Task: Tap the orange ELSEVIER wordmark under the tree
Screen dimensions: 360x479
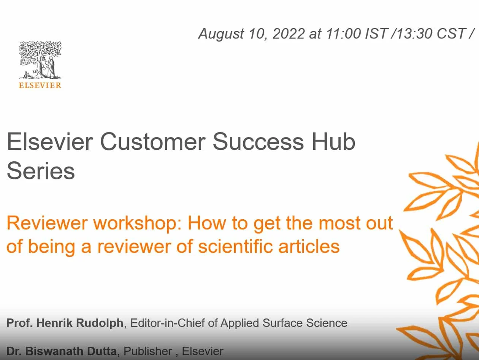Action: pyautogui.click(x=40, y=85)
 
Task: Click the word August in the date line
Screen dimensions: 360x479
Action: pyautogui.click(x=221, y=34)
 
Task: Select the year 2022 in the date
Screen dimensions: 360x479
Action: pyautogui.click(x=289, y=34)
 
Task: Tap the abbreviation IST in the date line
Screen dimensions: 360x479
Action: pyautogui.click(x=376, y=34)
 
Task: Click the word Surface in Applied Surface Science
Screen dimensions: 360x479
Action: pyautogui.click(x=287, y=323)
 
